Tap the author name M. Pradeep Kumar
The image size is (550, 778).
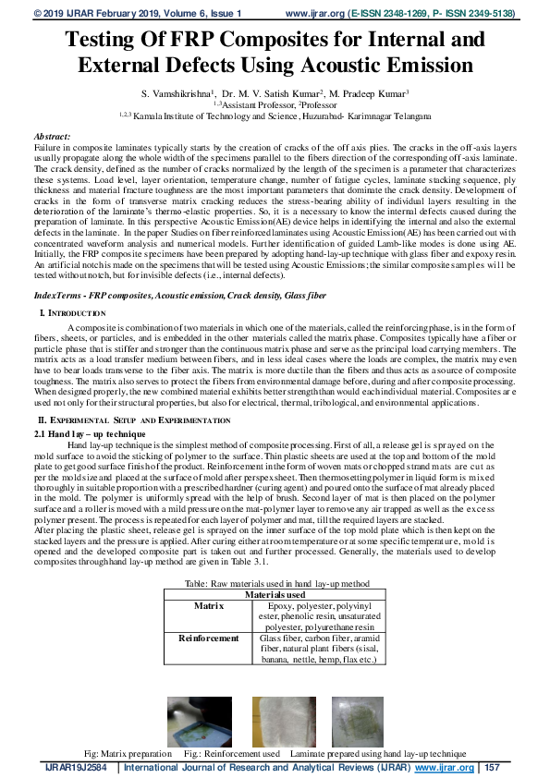(372, 94)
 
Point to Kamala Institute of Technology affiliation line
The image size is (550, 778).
(275, 115)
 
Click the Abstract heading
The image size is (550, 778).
(52, 136)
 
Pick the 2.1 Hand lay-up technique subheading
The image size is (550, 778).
(90, 432)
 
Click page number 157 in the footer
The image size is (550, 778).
(492, 768)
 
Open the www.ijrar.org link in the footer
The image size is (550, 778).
(444, 768)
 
